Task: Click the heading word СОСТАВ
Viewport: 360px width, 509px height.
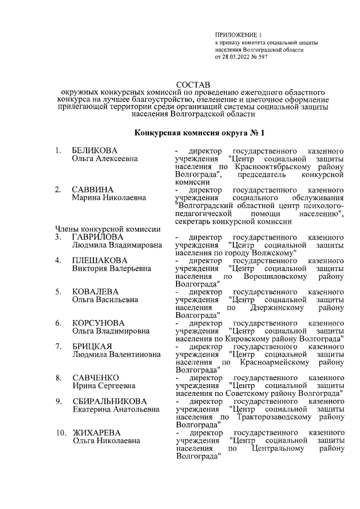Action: coord(194,83)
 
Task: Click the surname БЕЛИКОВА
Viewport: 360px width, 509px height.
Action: coord(94,151)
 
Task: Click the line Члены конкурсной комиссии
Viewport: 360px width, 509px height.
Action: coord(108,229)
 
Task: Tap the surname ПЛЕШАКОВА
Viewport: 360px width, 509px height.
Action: coord(100,260)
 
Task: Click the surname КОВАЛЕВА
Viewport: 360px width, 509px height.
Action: coord(94,291)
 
